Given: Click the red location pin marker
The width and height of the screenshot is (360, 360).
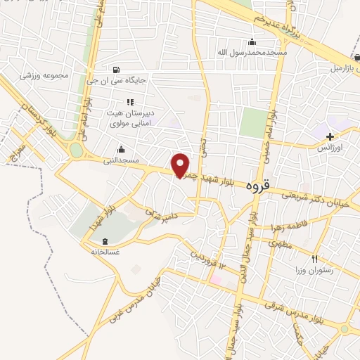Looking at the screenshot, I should pyautogui.click(x=181, y=165).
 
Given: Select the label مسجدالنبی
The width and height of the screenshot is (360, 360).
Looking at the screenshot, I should pyautogui.click(x=123, y=160).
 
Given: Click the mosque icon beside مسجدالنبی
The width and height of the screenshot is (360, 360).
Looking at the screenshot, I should pyautogui.click(x=122, y=149).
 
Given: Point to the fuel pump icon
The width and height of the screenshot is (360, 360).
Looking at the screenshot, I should pyautogui.click(x=116, y=69).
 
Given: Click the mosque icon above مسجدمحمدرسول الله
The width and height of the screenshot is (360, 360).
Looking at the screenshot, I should pyautogui.click(x=252, y=42).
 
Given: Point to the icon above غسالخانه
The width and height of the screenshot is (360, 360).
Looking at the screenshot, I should pyautogui.click(x=95, y=241).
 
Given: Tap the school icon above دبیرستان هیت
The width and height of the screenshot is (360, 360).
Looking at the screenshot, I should pyautogui.click(x=129, y=102).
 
